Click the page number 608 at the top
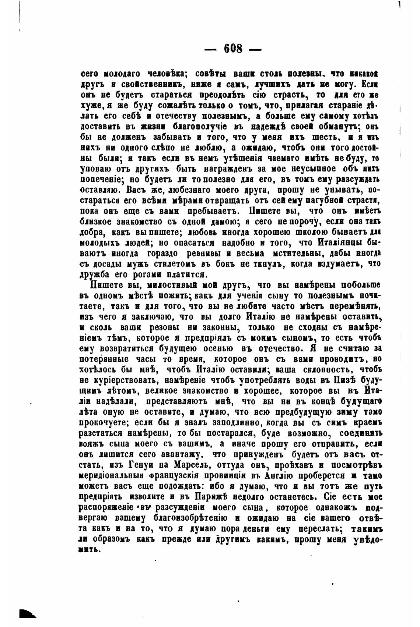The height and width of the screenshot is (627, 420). pyautogui.click(x=233, y=49)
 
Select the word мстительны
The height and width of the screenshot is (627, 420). pyautogui.click(x=297, y=254)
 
